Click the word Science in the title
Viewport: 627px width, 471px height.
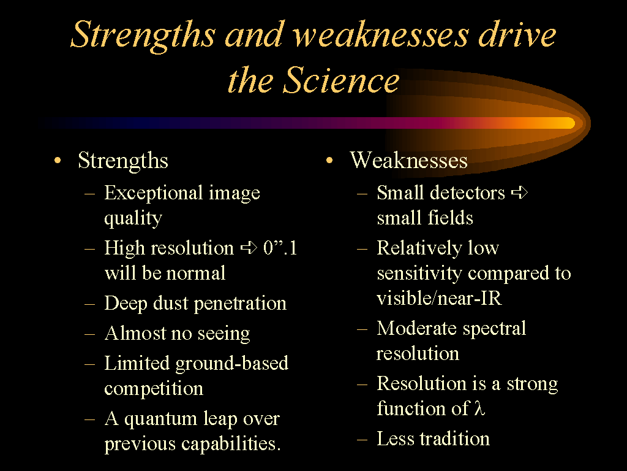pyautogui.click(x=341, y=80)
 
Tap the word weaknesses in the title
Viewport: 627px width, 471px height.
pyautogui.click(x=381, y=35)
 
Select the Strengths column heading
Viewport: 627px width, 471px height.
pyautogui.click(x=122, y=161)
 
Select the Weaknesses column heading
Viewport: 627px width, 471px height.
pyautogui.click(x=408, y=160)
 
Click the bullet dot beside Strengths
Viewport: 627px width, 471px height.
pyautogui.click(x=58, y=161)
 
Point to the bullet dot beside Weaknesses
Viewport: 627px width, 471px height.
pyautogui.click(x=329, y=161)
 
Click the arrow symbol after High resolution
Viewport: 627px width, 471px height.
pyautogui.click(x=249, y=248)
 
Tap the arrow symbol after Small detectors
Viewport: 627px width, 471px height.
pyautogui.click(x=520, y=193)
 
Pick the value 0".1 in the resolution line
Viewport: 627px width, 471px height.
pyautogui.click(x=280, y=248)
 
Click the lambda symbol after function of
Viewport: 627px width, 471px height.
pyautogui.click(x=480, y=408)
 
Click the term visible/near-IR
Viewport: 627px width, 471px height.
pyautogui.click(x=439, y=298)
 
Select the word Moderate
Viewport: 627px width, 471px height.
pyautogui.click(x=416, y=328)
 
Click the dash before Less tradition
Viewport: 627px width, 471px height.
pyautogui.click(x=362, y=439)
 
